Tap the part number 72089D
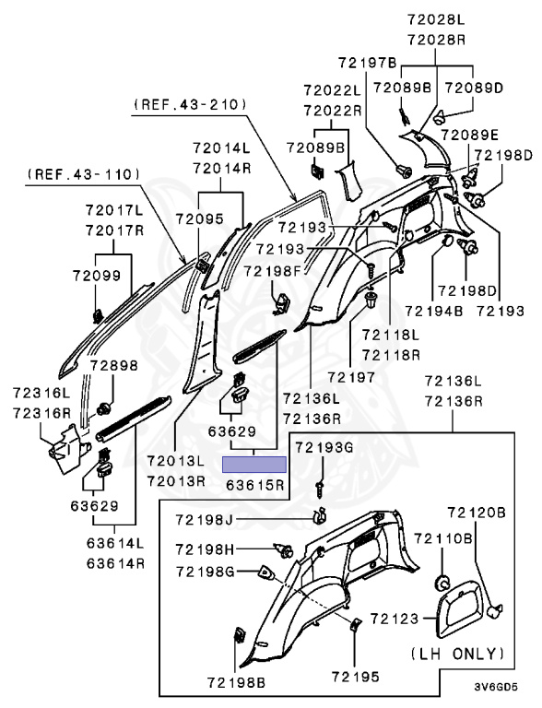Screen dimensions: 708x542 (x=474, y=88)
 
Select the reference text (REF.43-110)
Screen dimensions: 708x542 (x=84, y=173)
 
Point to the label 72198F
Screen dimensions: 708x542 (x=273, y=270)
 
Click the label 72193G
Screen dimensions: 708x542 (x=324, y=447)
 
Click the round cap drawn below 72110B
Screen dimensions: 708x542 (x=441, y=583)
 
